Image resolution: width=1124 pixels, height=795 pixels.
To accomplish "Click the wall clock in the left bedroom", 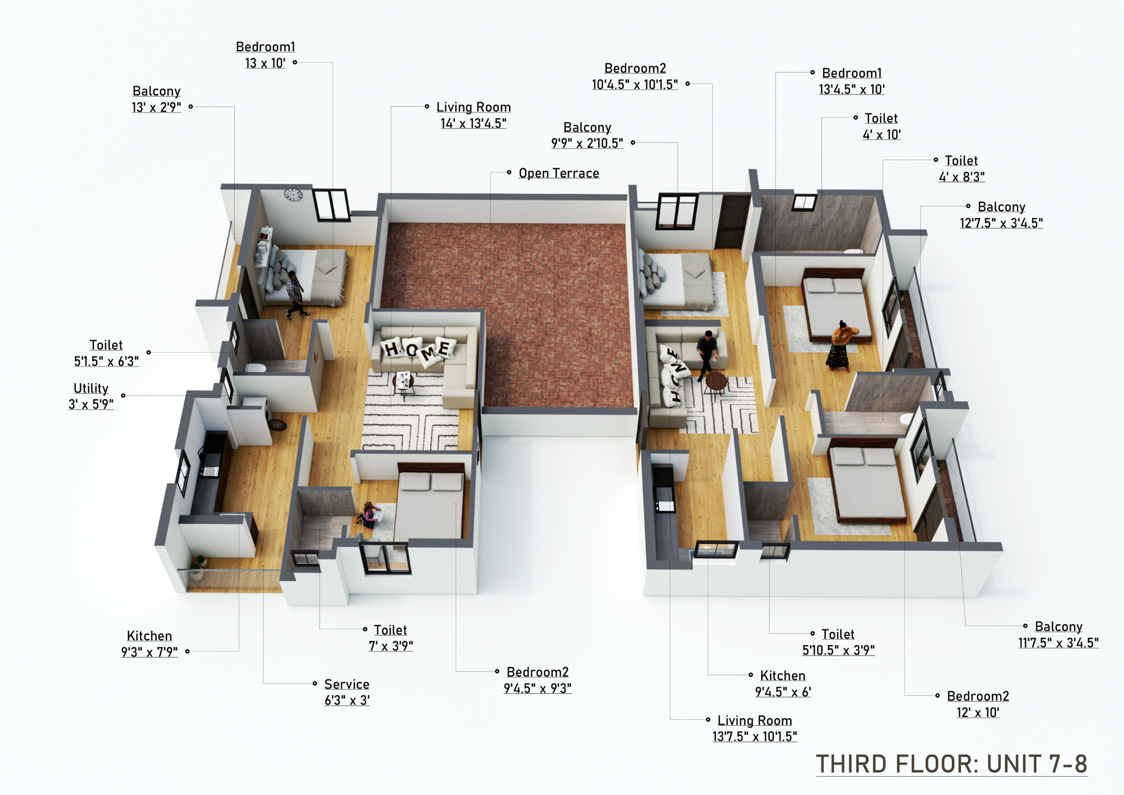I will point(293,195).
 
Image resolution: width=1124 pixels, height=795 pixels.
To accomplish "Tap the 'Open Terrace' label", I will point(558,173).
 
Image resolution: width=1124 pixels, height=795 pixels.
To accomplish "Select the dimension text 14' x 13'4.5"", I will point(473,123).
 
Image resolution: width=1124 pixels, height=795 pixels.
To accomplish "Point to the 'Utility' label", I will point(91,388).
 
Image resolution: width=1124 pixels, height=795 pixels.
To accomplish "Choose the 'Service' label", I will point(347,684).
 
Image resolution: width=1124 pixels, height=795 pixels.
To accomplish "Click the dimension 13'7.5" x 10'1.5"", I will point(754,736).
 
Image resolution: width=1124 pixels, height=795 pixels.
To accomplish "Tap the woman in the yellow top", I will point(842,345).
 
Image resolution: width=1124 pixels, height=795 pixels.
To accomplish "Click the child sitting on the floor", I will point(370,515).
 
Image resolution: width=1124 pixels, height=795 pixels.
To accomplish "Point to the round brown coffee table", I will point(716,382).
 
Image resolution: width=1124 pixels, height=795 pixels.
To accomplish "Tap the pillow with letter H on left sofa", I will point(392,348).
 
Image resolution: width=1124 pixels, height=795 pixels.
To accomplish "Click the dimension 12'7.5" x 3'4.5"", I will point(1001,223).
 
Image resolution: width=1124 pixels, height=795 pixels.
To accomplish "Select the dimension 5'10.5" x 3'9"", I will point(838,650).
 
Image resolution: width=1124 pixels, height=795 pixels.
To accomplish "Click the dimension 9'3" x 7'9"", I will point(149,652).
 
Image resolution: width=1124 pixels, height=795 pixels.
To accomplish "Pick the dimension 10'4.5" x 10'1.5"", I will point(634,85).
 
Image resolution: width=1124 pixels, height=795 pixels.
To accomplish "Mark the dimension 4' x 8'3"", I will point(962,177).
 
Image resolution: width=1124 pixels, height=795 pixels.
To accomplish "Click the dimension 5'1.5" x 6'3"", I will point(106,361).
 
